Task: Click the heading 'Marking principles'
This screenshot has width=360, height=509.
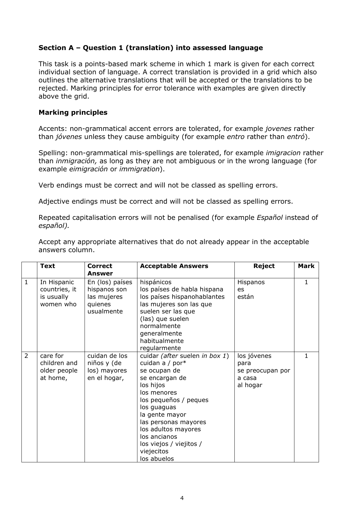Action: coord(73,113)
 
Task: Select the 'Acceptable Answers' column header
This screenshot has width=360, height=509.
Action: coord(174,266)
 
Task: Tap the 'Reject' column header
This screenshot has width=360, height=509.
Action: coord(264,266)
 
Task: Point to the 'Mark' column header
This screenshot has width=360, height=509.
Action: coord(306,266)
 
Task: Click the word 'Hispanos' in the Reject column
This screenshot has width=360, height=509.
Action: coord(251,282)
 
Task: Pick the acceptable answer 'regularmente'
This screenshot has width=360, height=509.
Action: coord(160,348)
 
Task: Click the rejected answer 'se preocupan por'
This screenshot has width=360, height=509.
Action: coord(264,370)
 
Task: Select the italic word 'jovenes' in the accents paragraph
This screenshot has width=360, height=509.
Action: coord(278,129)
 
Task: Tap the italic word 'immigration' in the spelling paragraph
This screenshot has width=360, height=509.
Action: coord(139,169)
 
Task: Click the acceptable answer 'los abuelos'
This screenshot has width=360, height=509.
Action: coord(157,459)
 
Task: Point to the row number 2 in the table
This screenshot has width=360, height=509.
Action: coord(26,356)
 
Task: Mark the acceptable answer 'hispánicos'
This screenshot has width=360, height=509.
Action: coord(156,282)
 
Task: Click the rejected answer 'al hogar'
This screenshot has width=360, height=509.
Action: coord(250,385)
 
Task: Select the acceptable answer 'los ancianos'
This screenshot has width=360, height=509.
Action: coord(159,437)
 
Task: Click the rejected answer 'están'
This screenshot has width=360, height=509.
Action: coord(245,297)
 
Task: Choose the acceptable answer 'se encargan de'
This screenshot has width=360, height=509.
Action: coord(163,378)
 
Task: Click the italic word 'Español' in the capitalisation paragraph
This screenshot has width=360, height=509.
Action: coord(270,218)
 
